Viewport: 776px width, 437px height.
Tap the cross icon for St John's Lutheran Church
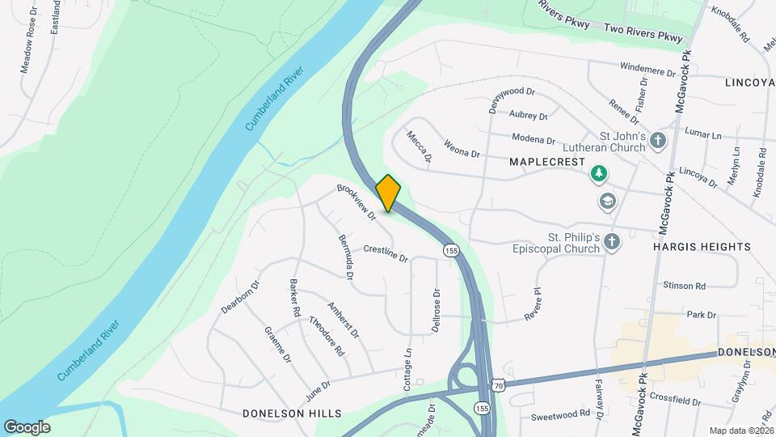(658, 142)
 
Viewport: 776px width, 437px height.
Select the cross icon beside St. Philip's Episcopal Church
(613, 241)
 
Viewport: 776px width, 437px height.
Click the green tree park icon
(598, 172)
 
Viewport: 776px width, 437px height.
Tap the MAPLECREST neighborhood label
(547, 162)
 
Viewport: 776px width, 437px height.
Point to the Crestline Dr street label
(386, 253)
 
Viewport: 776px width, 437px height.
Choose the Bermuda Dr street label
(345, 258)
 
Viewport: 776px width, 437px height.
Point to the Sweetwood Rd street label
(561, 414)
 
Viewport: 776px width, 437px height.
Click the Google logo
(27, 426)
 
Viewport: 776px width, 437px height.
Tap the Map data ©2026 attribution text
(741, 431)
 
